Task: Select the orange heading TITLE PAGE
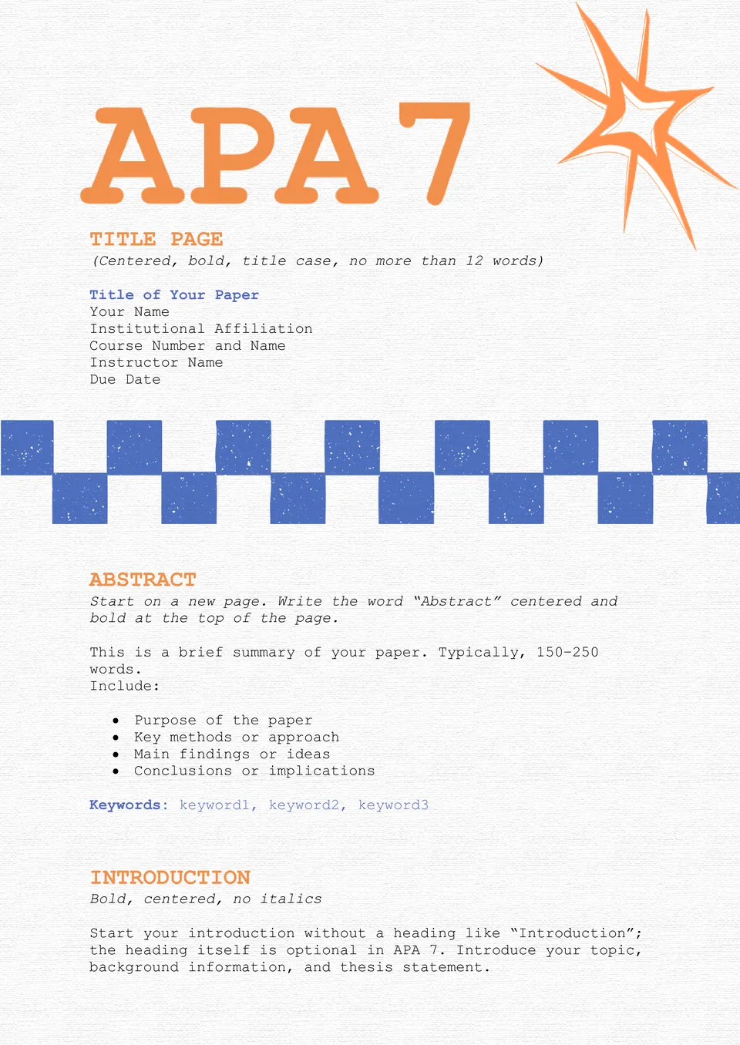[x=156, y=240]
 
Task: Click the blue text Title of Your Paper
[x=174, y=295]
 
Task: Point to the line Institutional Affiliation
[x=201, y=329]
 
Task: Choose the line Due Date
[x=125, y=380]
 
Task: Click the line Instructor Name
[x=156, y=363]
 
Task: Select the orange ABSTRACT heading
[x=143, y=580]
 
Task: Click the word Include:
[x=125, y=687]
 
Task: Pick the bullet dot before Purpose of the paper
[x=116, y=721]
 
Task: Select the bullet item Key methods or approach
[x=236, y=738]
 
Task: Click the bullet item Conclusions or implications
[x=254, y=771]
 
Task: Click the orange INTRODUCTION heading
[x=170, y=878]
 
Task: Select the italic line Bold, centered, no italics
[x=206, y=899]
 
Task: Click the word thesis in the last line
[x=366, y=967]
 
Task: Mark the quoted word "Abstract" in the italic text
[x=456, y=602]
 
